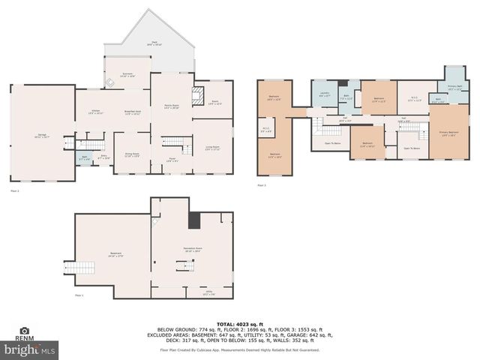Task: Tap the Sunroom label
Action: click(x=127, y=75)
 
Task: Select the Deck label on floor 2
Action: click(x=154, y=44)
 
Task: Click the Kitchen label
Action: click(x=95, y=112)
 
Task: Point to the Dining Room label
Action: click(x=131, y=155)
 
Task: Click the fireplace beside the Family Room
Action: click(x=199, y=95)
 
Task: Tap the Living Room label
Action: click(x=212, y=148)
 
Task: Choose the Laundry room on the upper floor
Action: click(x=324, y=95)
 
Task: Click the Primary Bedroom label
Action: click(x=448, y=134)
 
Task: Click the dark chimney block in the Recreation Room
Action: click(x=194, y=220)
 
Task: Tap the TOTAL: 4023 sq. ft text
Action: click(x=239, y=323)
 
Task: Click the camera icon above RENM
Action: click(x=24, y=331)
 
